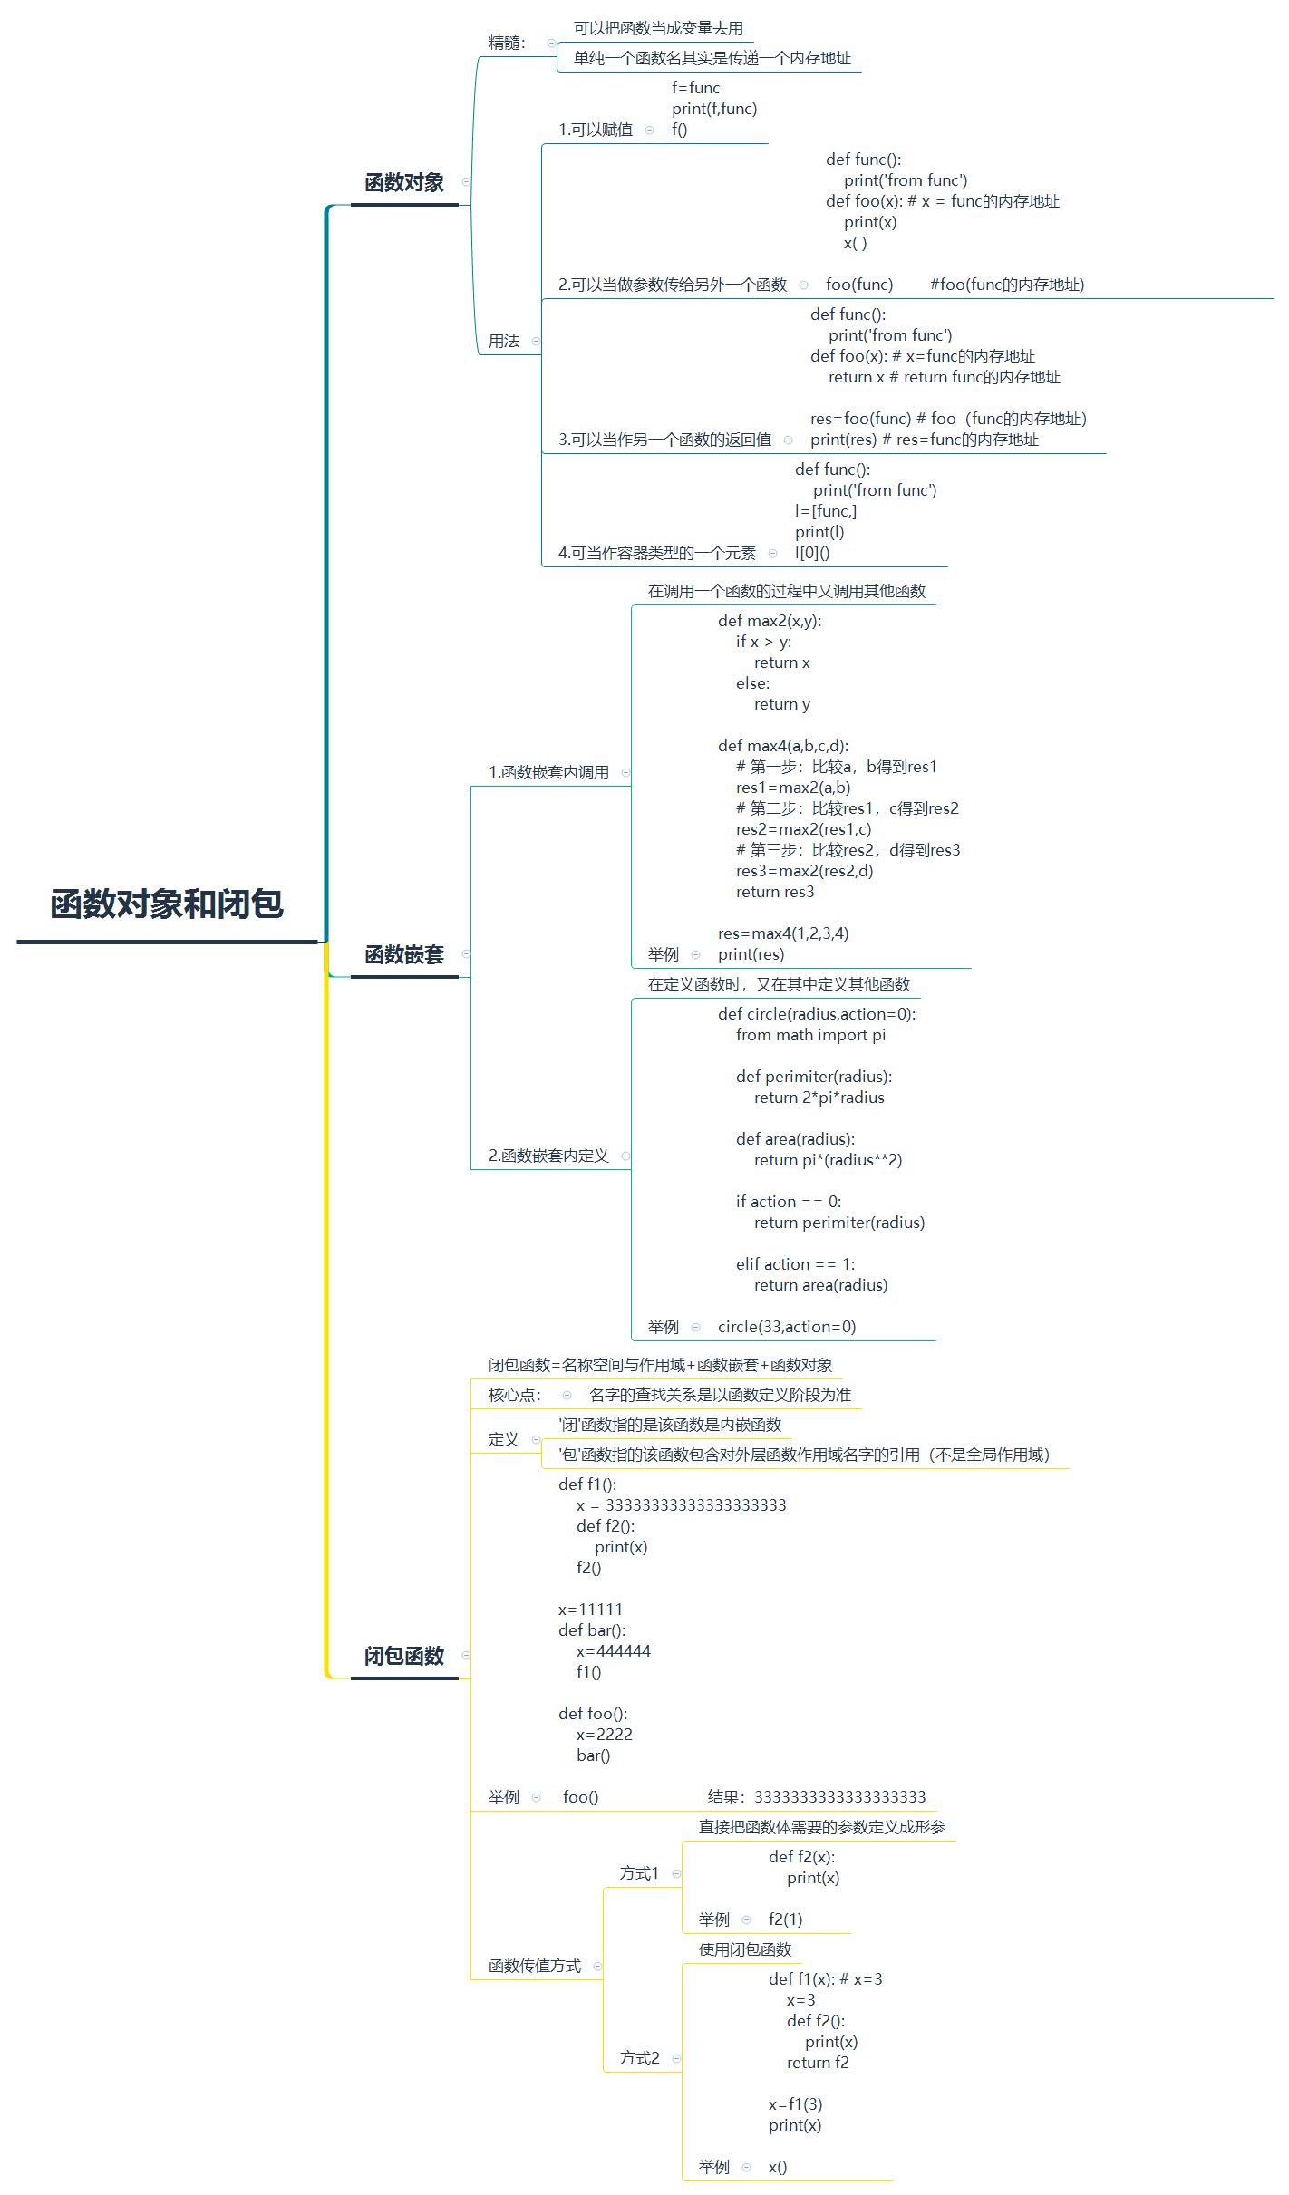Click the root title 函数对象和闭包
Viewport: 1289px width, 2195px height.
167,904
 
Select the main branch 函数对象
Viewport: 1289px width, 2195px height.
404,182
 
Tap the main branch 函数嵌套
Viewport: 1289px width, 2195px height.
404,954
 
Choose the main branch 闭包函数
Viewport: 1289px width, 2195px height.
404,1656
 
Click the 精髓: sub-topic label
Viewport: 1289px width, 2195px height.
507,43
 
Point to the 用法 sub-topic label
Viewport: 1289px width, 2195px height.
504,341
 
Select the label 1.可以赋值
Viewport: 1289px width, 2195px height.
596,130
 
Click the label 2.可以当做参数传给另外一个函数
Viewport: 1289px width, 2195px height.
673,285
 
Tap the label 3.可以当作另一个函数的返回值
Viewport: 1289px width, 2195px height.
664,440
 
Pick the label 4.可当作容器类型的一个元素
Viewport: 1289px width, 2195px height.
657,553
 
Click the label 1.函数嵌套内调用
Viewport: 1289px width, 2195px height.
549,772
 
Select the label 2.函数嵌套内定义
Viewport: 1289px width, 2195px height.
549,1156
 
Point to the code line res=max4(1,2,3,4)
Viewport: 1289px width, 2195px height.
783,933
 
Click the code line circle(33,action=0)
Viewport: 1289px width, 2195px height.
787,1327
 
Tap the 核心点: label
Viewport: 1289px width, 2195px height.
515,1395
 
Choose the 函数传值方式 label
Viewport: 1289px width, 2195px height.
535,1966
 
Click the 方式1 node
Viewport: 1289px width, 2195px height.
639,1873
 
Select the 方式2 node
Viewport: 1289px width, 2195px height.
639,2058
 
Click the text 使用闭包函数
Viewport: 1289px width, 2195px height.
745,1949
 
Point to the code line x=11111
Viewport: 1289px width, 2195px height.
590,1610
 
